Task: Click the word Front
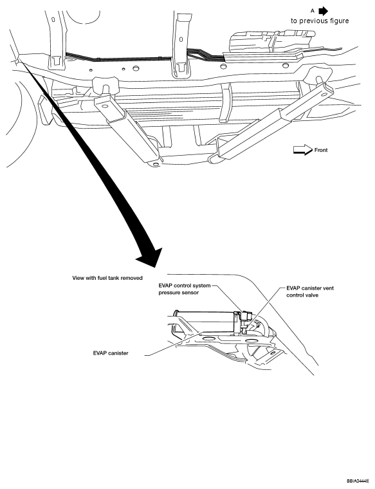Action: (x=321, y=150)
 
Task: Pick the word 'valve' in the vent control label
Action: (x=320, y=296)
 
